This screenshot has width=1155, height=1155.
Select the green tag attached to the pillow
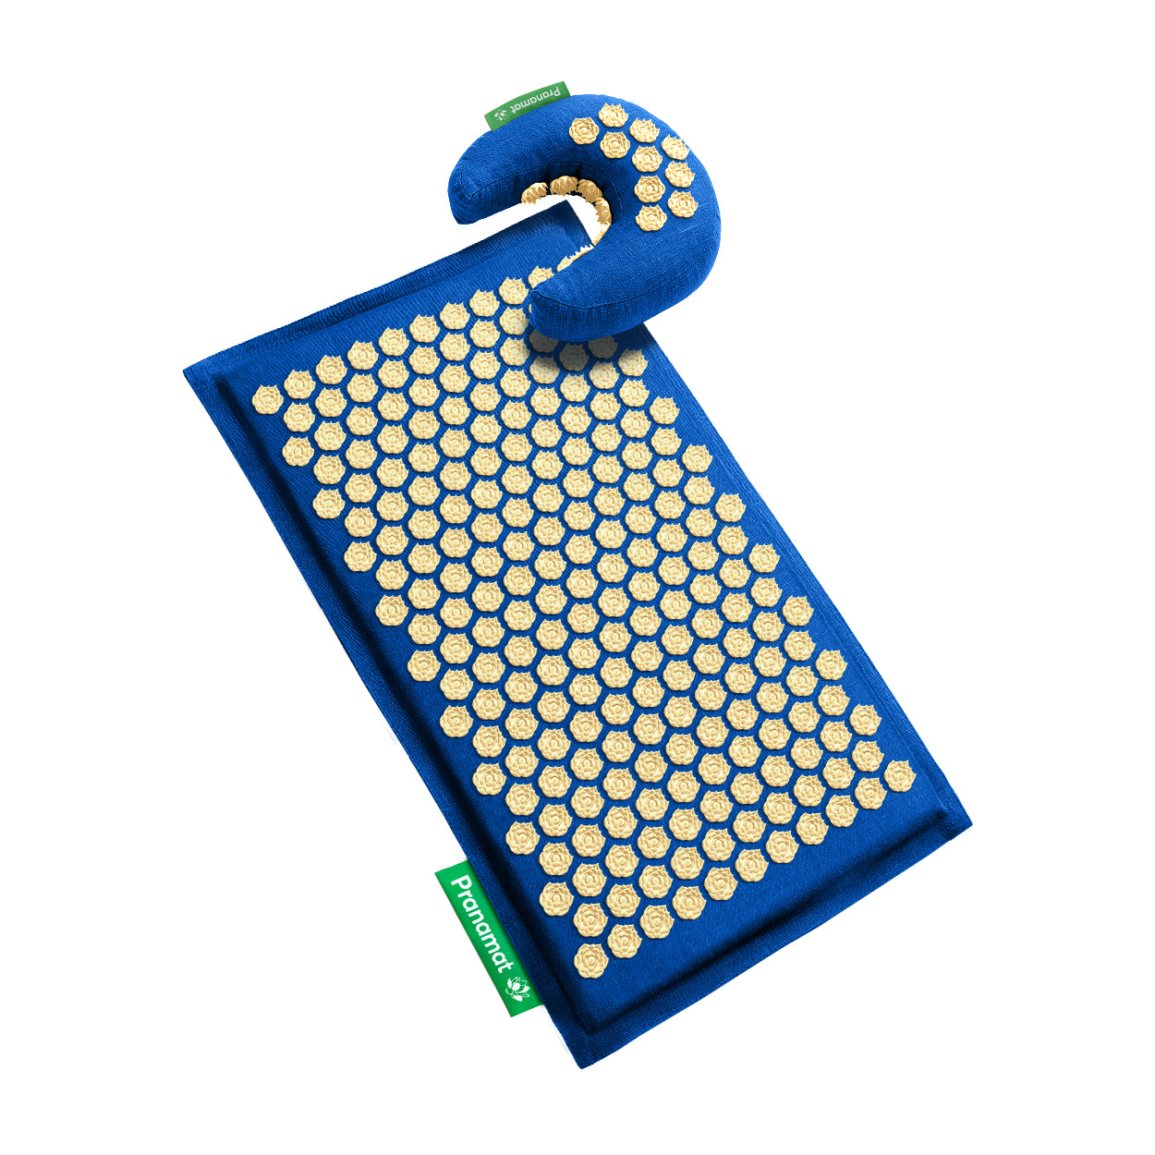[x=526, y=104]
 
